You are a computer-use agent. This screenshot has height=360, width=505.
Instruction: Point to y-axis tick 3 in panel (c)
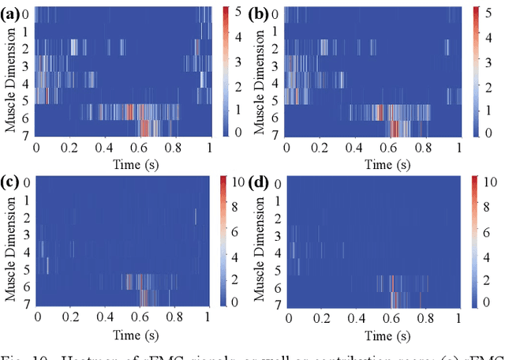click(x=27, y=234)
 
